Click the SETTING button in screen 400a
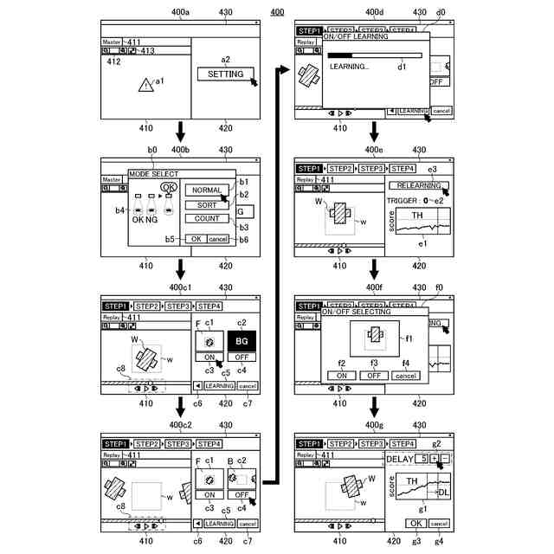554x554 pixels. (x=225, y=74)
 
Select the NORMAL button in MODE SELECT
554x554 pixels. (x=207, y=190)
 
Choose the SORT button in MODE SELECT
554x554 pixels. (x=207, y=205)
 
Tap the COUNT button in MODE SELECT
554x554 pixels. (x=207, y=219)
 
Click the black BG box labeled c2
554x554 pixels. (x=242, y=341)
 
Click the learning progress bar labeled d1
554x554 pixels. (x=374, y=55)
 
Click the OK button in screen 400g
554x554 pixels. (x=415, y=523)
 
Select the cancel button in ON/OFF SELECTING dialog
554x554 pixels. (x=405, y=376)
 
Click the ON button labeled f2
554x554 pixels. (x=342, y=376)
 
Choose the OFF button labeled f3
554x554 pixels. (x=374, y=376)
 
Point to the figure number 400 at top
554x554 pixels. (x=277, y=11)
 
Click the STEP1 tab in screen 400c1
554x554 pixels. (x=115, y=306)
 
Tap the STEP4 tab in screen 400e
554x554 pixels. (x=403, y=168)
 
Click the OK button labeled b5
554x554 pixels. (x=196, y=238)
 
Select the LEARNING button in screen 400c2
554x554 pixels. (x=220, y=523)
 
